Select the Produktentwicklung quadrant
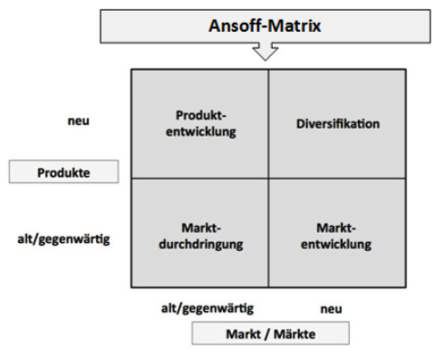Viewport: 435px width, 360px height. (199, 123)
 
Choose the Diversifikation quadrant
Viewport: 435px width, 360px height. (335, 123)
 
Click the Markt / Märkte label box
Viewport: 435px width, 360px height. (269, 334)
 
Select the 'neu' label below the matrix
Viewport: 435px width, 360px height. (333, 308)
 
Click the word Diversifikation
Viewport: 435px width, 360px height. (335, 123)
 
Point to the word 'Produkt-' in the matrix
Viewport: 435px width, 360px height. (199, 115)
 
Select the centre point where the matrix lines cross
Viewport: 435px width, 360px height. (267, 178)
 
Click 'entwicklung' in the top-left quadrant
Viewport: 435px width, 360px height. (199, 131)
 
